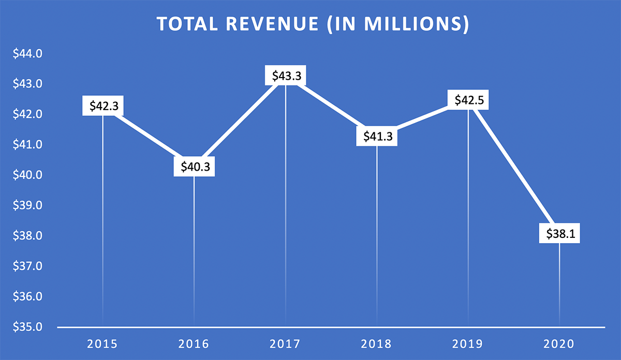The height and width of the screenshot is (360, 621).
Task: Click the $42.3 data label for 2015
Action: (102, 106)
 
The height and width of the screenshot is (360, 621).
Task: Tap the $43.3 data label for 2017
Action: (285, 76)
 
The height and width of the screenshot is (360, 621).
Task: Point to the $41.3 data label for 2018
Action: (377, 137)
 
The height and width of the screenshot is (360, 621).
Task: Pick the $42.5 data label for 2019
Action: (468, 100)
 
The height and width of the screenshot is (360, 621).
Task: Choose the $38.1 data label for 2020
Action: (559, 234)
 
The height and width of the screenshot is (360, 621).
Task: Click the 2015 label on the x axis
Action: (102, 343)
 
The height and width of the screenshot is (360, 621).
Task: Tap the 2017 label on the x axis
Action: (285, 343)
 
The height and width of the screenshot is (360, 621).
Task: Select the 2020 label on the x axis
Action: (559, 343)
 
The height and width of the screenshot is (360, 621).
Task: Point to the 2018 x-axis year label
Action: (377, 343)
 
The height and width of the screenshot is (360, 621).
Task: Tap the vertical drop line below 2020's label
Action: (559, 284)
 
